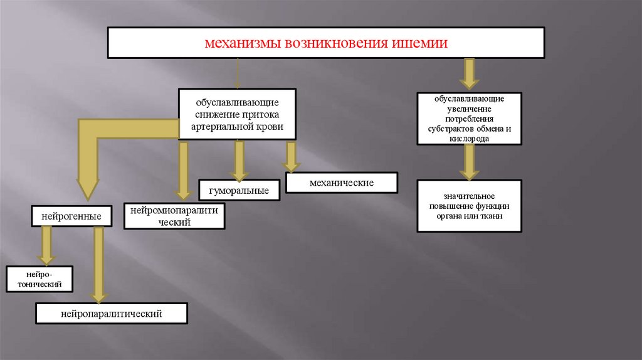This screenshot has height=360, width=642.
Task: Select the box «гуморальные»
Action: (239, 190)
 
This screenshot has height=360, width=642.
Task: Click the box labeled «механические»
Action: (342, 183)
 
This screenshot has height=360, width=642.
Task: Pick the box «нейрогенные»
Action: (72, 216)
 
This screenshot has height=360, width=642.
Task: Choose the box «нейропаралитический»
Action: (112, 314)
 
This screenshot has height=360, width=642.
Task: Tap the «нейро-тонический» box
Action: (39, 279)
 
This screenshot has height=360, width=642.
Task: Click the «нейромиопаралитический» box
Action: (174, 216)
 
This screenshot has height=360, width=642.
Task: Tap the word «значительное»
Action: (470, 196)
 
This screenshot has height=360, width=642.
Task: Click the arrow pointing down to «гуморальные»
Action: (239, 161)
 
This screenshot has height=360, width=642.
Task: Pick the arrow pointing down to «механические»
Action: (290, 156)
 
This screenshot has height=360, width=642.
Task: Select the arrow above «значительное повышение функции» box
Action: (469, 162)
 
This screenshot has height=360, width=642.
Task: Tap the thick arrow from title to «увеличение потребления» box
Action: (469, 73)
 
